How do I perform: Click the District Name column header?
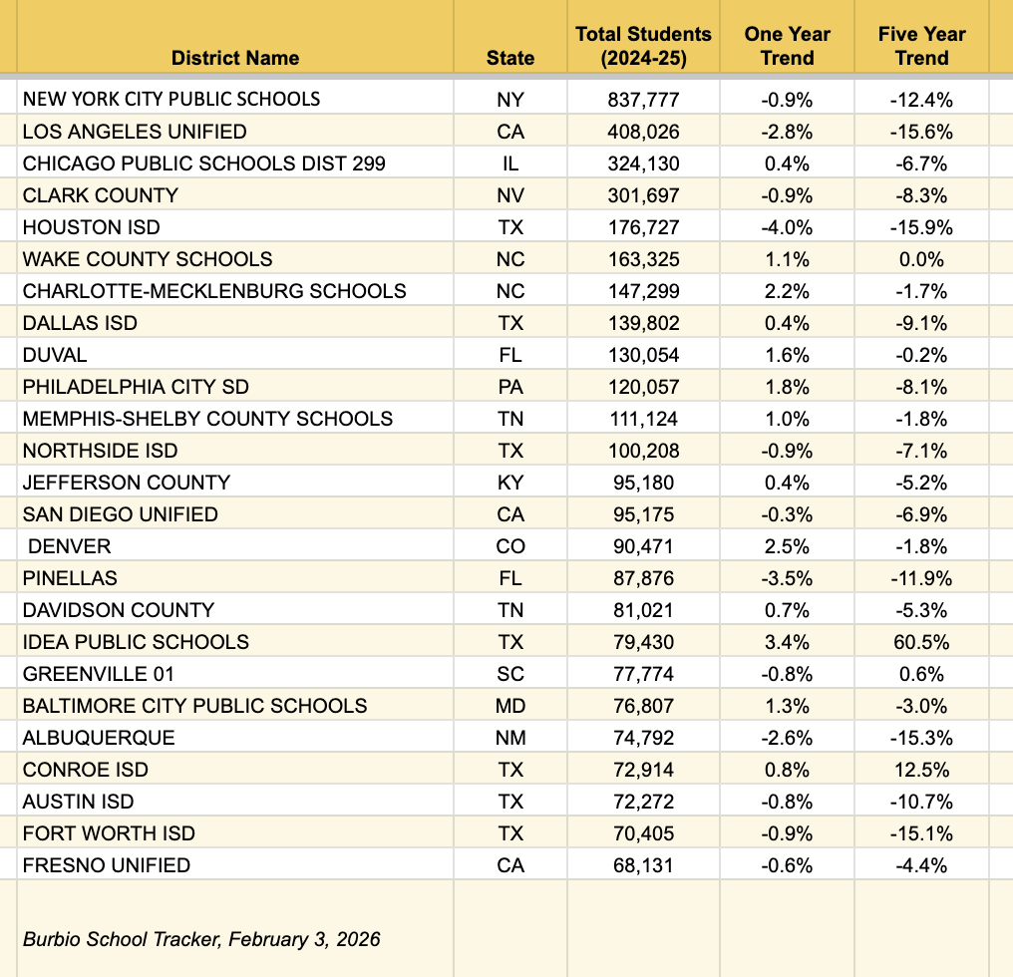234,58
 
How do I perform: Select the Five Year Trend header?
921,46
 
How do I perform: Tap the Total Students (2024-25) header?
643,46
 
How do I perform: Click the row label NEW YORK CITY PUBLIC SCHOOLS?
171,99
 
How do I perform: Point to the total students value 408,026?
643,132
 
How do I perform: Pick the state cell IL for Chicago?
510,163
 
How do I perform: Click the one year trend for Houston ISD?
787,227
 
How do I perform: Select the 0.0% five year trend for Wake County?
921,259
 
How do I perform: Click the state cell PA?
510,387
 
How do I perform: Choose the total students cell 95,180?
643,483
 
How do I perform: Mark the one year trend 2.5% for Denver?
787,546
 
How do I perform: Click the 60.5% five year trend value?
921,642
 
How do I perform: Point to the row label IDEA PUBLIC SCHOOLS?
136,642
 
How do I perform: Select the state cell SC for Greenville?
510,674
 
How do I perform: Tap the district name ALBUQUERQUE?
99,738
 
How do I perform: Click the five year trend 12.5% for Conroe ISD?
921,770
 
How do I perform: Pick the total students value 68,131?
643,865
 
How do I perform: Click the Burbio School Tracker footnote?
201,939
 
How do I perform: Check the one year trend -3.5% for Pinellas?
787,578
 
